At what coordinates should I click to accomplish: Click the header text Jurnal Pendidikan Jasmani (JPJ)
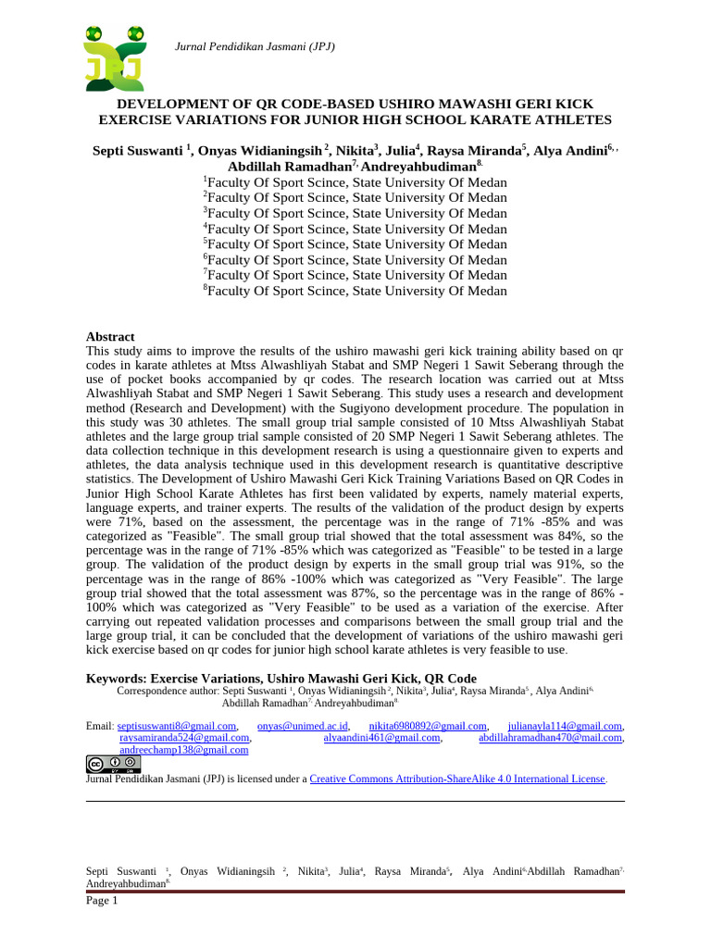click(x=255, y=46)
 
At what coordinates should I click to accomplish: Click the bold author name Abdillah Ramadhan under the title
click(x=289, y=166)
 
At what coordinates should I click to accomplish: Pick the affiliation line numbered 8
click(x=355, y=291)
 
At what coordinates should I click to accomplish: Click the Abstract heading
click(x=110, y=337)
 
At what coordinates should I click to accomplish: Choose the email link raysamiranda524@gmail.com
click(x=185, y=738)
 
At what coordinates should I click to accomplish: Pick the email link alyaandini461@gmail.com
click(x=381, y=738)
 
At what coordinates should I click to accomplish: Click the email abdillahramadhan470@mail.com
click(x=551, y=738)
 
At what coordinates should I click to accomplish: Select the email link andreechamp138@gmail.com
click(x=184, y=750)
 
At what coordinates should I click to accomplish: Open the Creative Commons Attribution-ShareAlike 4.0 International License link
click(x=457, y=780)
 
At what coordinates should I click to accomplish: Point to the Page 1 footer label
click(x=102, y=901)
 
